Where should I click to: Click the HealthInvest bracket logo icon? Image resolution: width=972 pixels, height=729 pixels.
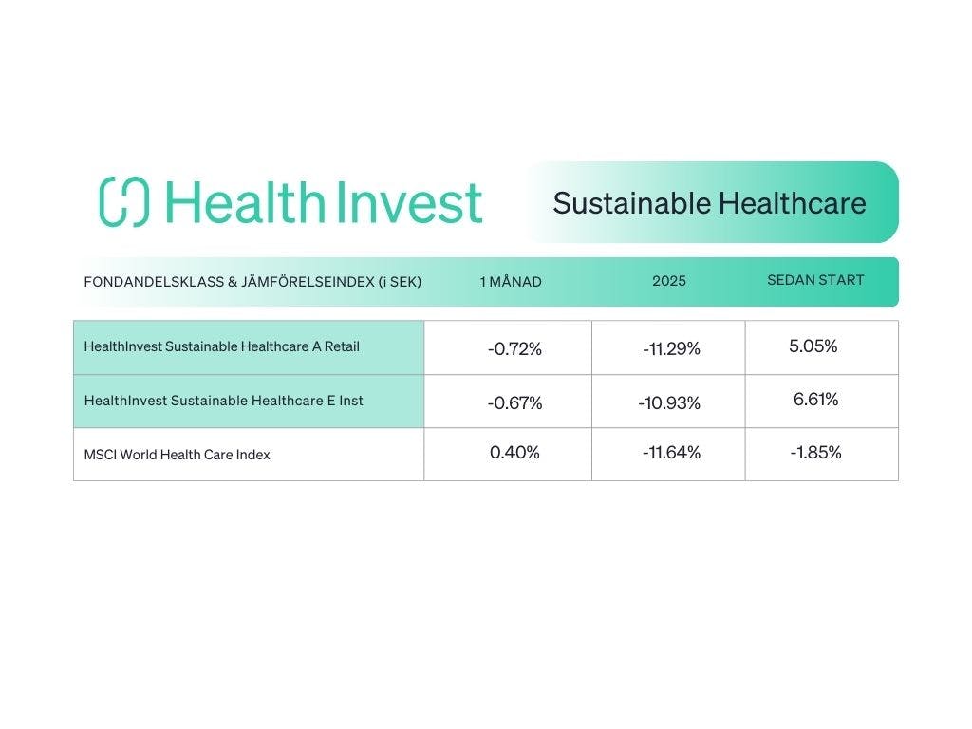coord(124,201)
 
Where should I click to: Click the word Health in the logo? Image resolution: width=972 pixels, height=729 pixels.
coord(245,201)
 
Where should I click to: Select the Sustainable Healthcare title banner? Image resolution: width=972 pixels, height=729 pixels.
coord(712,202)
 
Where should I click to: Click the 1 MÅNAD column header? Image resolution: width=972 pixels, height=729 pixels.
coord(511,281)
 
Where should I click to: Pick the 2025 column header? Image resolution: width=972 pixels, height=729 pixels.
coord(669,281)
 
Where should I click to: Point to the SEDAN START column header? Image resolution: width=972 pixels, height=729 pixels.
coord(815,280)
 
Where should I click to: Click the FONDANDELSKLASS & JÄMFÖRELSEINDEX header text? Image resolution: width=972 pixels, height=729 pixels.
coord(252,282)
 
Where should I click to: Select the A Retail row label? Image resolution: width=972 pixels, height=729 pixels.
coord(222,346)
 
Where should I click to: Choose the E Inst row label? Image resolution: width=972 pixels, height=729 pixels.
coord(224,401)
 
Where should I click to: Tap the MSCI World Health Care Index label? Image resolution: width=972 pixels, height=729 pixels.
coord(178,455)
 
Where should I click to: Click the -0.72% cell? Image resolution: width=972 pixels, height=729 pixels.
coord(514,349)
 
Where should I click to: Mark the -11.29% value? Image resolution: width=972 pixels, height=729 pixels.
coord(671,349)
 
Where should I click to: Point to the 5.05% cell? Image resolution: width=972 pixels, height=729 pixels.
coord(813,346)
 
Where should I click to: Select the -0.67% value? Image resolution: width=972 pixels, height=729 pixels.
coord(514,402)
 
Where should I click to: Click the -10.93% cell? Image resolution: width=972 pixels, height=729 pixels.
coord(669,402)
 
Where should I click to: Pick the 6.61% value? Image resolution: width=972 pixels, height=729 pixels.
coord(815,400)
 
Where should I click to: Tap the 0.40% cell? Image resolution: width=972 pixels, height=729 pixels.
coord(514,453)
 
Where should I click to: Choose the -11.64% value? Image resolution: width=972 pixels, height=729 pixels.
coord(671,453)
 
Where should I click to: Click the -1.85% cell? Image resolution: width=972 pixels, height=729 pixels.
coord(815,453)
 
